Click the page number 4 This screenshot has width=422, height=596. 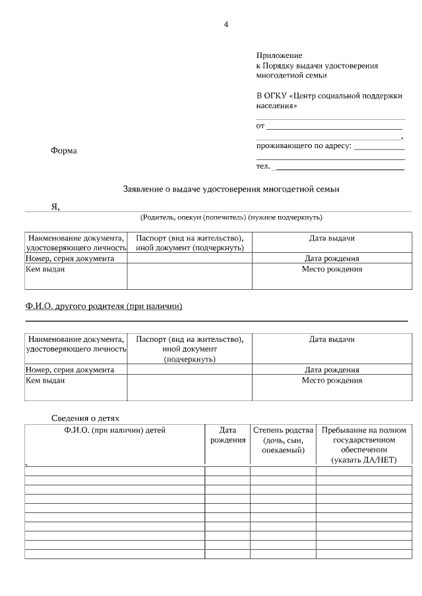coord(226,24)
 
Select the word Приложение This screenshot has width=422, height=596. coord(279,56)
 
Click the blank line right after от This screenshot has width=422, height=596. coord(334,126)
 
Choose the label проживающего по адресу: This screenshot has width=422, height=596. coord(303,146)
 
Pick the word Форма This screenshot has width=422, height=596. coord(63,151)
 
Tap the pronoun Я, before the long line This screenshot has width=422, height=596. coord(55,207)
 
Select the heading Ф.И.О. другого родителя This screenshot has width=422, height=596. coord(104,306)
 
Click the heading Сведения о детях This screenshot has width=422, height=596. coord(85,418)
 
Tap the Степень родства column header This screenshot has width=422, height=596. coord(283,430)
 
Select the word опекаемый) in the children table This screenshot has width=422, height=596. coord(283,450)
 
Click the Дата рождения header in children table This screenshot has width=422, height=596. coord(227,435)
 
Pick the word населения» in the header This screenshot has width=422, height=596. coord(276,105)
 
